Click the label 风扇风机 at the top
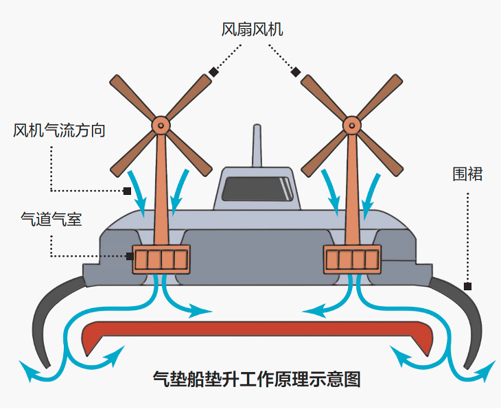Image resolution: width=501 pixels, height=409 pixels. coord(252,30)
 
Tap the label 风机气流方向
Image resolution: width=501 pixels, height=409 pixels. coord(59,130)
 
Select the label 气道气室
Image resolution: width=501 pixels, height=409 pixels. coord(51,220)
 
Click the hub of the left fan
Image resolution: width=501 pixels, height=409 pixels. coord(161,124)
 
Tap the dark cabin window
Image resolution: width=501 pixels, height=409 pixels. coord(256,189)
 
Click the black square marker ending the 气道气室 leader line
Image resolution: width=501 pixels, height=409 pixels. coord(130,257)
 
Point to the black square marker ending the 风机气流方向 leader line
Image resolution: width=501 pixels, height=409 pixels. coord(127,191)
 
